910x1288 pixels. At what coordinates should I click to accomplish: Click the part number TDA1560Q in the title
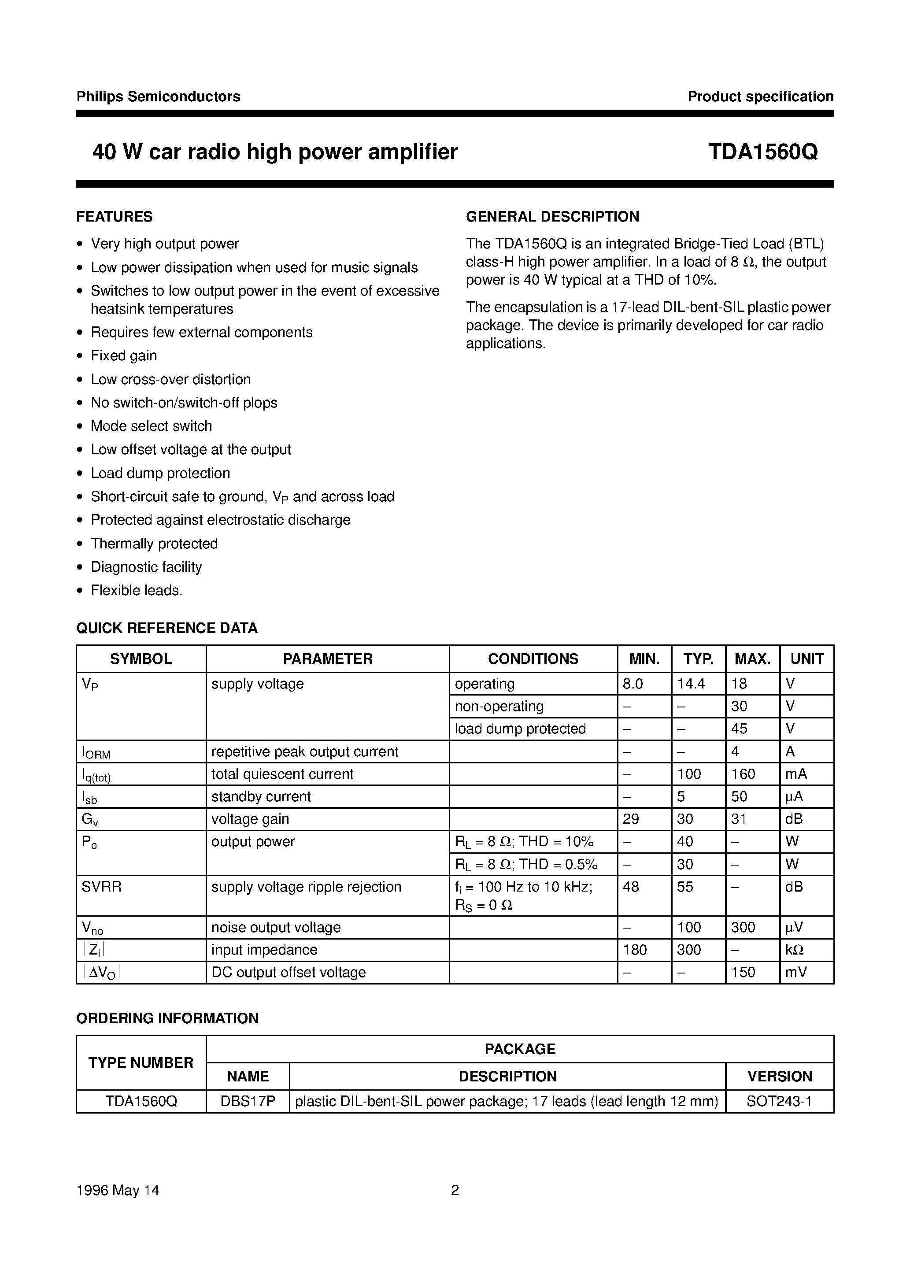[x=762, y=152]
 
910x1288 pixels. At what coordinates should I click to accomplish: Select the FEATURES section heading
[x=115, y=217]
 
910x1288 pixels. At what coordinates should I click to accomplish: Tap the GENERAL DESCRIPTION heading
[x=553, y=217]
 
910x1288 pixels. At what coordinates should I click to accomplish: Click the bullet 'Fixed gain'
[x=124, y=355]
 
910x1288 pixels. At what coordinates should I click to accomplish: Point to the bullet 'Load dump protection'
[x=160, y=473]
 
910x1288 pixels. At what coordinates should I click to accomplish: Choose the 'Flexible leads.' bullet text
[x=137, y=590]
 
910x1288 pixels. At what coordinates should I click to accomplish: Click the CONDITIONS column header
[x=533, y=659]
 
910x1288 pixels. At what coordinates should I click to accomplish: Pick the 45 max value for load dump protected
[x=740, y=729]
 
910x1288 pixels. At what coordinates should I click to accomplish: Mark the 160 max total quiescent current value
[x=744, y=774]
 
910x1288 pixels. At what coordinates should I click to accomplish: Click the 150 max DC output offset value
[x=744, y=972]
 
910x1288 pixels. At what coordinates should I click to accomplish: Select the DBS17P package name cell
[x=248, y=1101]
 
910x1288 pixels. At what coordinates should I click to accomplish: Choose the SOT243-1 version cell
[x=779, y=1101]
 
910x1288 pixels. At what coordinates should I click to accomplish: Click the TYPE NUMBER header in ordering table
[x=141, y=1062]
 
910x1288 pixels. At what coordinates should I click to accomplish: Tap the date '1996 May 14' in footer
[x=118, y=1190]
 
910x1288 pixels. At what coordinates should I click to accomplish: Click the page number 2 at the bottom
[x=455, y=1190]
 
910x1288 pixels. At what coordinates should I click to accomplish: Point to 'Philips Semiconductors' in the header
[x=158, y=96]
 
